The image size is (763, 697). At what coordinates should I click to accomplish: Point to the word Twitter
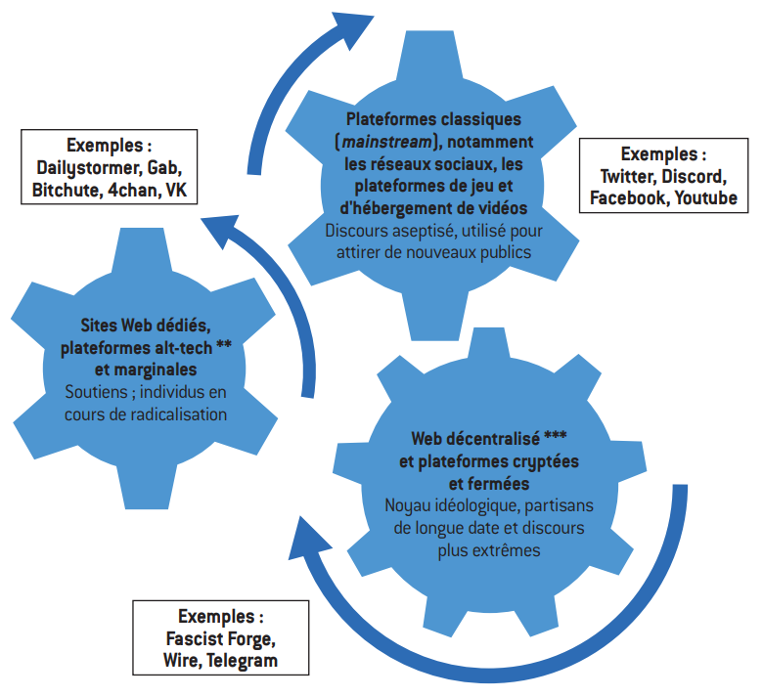click(x=628, y=177)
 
